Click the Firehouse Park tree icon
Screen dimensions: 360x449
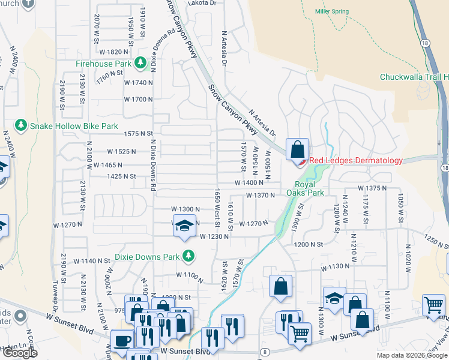[140, 63]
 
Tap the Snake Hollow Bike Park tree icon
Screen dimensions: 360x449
[22, 125]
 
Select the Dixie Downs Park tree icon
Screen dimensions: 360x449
[188, 257]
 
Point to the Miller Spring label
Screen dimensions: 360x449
[332, 11]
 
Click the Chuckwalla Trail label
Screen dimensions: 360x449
[414, 77]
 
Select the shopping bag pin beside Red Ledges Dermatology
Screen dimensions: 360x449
[298, 149]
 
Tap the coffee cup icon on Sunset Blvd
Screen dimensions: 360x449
[123, 340]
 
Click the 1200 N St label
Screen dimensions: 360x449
[309, 245]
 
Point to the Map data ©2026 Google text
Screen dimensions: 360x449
[411, 355]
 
